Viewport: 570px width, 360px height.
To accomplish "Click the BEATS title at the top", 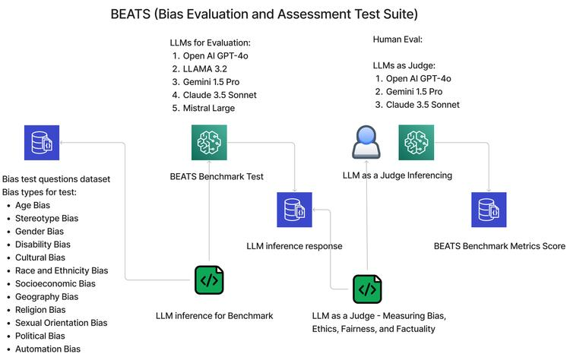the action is [264, 14].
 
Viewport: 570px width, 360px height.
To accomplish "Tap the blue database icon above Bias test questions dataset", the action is [42, 143].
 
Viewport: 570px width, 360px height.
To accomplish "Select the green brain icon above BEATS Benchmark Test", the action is [209, 142].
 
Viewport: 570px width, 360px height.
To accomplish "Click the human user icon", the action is [366, 142].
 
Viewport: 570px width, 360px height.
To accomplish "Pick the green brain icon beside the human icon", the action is [416, 142].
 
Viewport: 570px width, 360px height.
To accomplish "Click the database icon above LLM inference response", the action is [294, 210].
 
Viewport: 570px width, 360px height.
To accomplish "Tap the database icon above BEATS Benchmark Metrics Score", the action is [489, 210].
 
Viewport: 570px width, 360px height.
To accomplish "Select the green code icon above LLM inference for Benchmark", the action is [209, 280].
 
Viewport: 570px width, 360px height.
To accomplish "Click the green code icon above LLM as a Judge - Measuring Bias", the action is [367, 289].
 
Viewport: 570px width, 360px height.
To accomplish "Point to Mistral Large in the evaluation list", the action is [209, 108].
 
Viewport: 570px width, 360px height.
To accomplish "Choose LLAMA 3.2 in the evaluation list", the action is [205, 68].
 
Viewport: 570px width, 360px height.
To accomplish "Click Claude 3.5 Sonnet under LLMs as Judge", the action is [423, 105].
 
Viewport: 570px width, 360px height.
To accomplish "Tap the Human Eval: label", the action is [397, 39].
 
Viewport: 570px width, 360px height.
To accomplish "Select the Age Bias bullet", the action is [33, 205].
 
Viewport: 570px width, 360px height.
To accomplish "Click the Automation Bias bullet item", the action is [48, 349].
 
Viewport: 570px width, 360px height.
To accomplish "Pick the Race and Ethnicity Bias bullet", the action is [62, 270].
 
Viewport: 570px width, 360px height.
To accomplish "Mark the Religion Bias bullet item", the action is [40, 310].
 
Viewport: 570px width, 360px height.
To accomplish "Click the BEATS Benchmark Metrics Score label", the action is [499, 246].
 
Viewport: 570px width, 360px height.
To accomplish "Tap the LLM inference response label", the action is [294, 246].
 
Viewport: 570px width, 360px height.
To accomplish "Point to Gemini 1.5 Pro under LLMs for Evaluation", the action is [211, 82].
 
